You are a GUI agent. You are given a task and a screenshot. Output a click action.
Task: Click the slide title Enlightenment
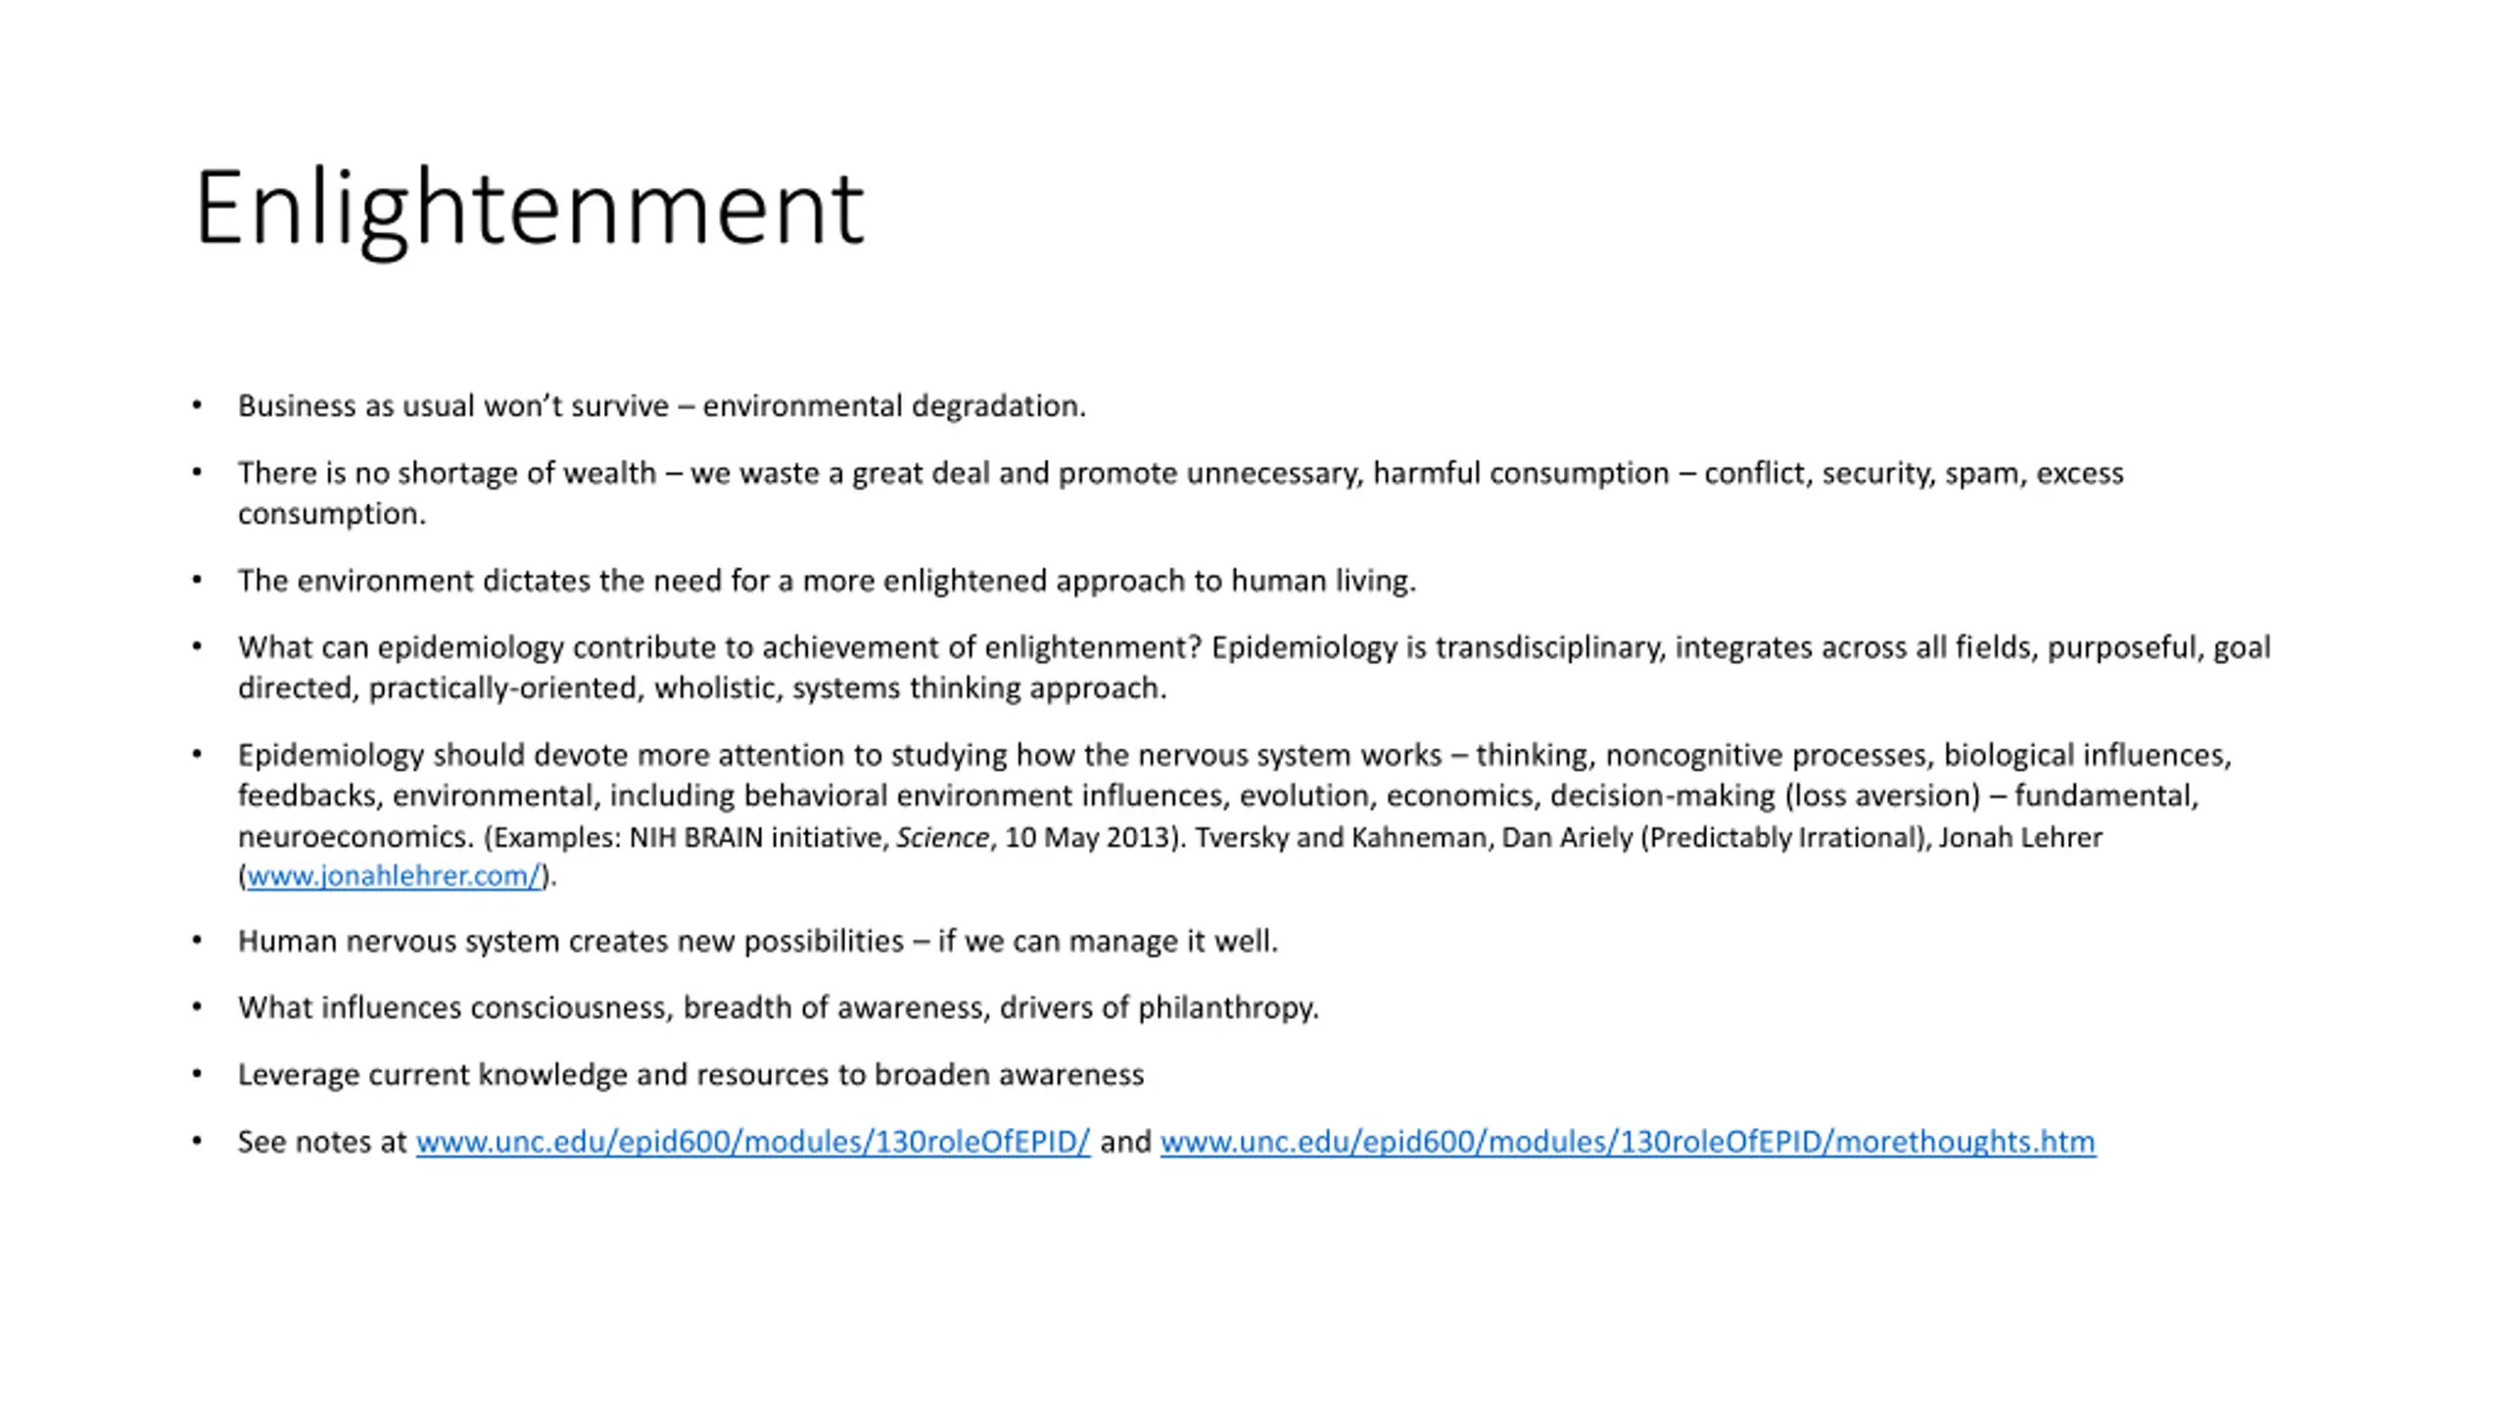[529, 208]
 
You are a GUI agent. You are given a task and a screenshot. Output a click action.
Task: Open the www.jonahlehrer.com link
[393, 875]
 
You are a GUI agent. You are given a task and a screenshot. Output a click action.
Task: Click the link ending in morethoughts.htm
[1627, 1142]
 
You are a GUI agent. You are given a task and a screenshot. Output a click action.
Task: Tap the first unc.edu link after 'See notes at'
[752, 1142]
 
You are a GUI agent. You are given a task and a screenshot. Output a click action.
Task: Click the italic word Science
[942, 838]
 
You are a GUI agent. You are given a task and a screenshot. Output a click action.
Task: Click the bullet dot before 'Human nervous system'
[197, 941]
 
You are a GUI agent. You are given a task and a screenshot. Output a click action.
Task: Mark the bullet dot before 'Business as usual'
[197, 405]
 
